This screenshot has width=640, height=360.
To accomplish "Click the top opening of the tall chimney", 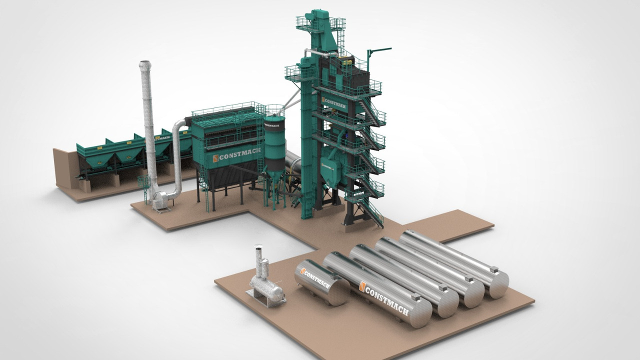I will coord(144,63).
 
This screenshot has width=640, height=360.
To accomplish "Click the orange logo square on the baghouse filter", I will coord(215,158).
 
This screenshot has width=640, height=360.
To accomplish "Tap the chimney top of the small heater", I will coord(258,248).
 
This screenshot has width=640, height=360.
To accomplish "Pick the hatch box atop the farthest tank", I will coord(494,270).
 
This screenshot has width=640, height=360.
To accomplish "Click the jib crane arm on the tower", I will coord(379,49).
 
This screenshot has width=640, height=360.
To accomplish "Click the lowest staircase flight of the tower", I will coord(372,212).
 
